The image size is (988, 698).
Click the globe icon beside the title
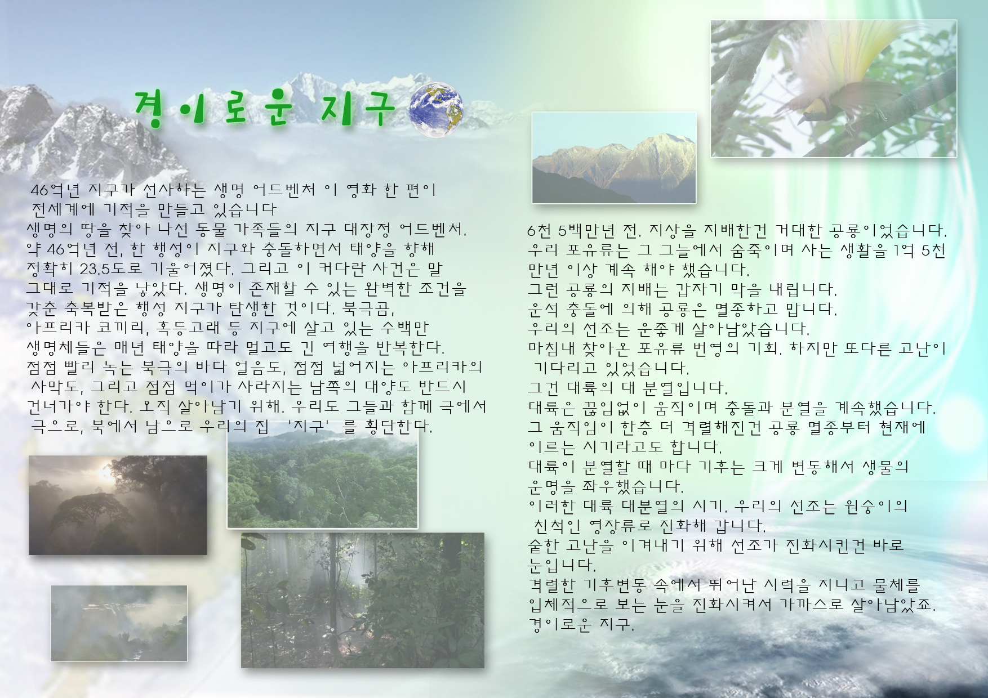[437, 110]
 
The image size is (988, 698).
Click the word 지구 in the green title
[356, 109]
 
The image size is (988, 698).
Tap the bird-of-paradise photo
[834, 89]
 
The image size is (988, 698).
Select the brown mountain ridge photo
[614, 158]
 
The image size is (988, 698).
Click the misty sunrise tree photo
[118, 505]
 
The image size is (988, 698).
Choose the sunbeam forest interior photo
[363, 600]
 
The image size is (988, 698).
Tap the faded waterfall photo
[119, 623]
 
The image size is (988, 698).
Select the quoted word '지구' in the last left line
[307, 426]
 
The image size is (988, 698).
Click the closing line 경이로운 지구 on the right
[581, 625]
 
